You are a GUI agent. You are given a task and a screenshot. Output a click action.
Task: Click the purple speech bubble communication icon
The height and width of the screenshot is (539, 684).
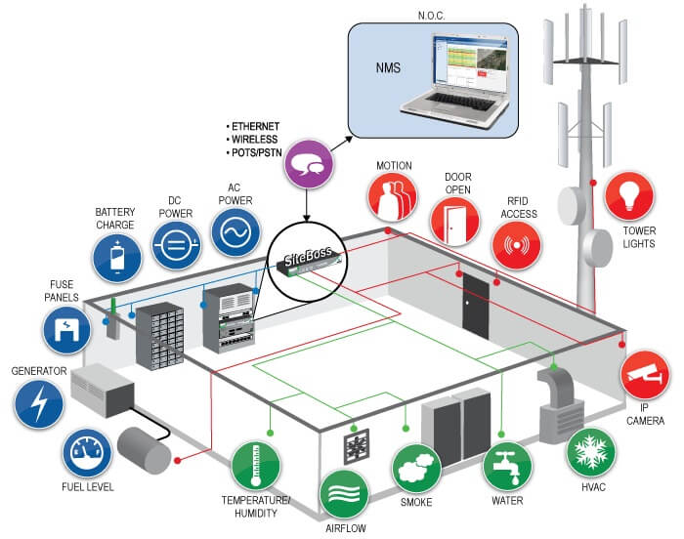(309, 164)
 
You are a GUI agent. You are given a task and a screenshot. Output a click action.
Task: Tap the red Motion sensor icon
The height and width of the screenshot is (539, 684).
(392, 197)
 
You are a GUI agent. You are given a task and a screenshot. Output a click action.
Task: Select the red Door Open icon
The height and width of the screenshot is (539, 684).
(455, 221)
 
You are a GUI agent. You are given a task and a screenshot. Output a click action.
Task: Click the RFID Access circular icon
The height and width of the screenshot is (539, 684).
(517, 245)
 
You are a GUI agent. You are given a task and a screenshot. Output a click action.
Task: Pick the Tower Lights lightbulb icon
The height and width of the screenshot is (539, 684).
(629, 196)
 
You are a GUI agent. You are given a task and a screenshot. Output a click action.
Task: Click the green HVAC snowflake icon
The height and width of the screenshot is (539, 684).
(590, 452)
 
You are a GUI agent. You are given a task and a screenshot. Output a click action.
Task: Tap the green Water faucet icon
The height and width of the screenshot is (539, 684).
(508, 466)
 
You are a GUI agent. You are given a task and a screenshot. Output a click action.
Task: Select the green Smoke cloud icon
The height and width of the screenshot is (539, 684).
(416, 469)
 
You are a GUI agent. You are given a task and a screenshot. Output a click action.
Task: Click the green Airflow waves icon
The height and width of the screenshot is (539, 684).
(344, 494)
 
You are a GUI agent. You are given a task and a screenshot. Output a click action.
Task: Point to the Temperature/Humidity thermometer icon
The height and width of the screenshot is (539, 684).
(255, 466)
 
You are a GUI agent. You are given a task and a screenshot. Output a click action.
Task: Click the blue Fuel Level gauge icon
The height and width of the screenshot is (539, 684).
(87, 453)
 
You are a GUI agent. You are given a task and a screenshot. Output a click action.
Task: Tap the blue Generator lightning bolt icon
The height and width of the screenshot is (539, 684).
(39, 403)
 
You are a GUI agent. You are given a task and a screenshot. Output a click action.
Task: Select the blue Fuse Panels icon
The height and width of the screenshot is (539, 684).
(66, 330)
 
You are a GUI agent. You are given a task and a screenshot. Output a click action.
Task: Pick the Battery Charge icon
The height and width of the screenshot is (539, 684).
(117, 257)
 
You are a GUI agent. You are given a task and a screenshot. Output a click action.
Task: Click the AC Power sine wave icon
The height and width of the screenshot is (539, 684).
(235, 231)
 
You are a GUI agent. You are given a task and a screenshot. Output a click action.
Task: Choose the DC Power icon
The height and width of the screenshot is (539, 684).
(176, 245)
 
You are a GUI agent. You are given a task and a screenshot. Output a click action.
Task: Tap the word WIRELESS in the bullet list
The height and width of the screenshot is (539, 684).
(255, 140)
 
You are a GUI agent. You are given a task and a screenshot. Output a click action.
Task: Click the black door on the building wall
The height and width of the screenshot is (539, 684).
(476, 306)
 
